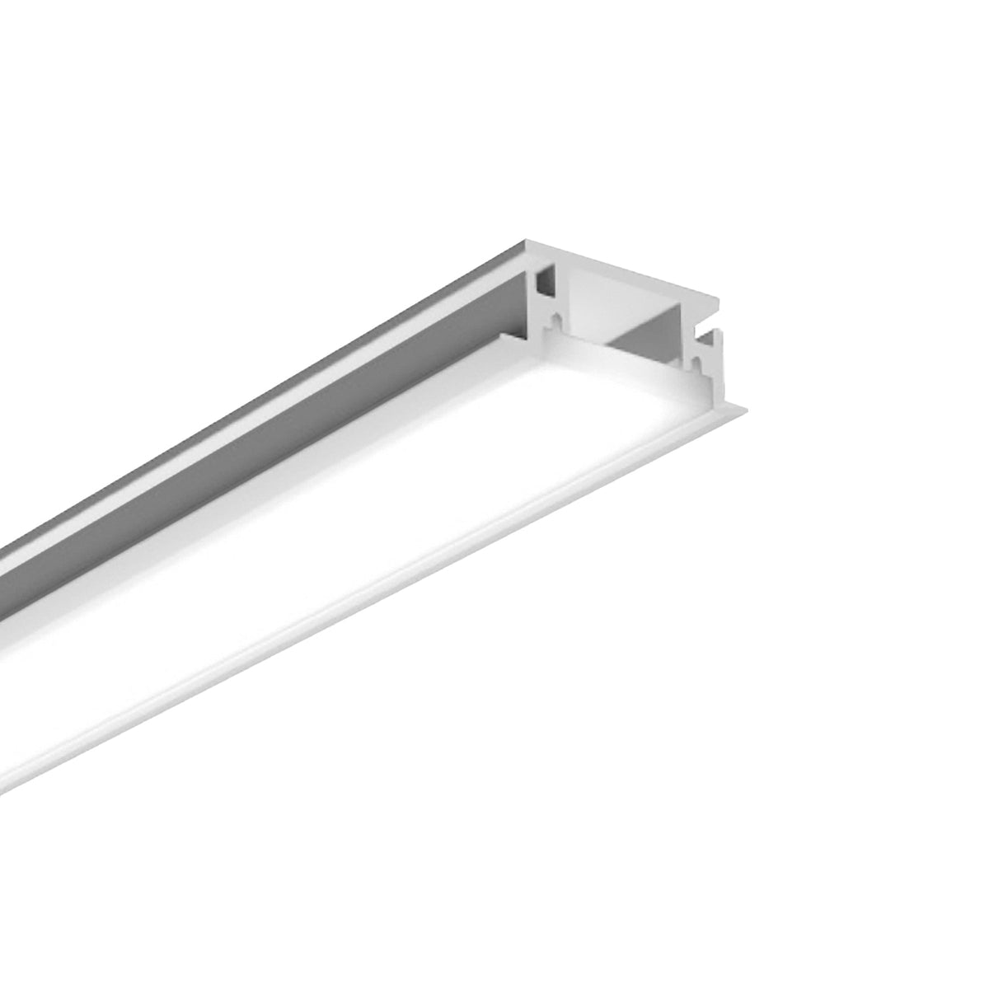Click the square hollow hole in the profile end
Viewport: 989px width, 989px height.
(545, 284)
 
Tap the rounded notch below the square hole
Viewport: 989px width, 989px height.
(558, 318)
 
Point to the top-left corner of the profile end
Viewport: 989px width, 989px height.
(525, 244)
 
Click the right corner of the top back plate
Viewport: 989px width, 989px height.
(719, 302)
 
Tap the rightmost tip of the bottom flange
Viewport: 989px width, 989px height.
(748, 405)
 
